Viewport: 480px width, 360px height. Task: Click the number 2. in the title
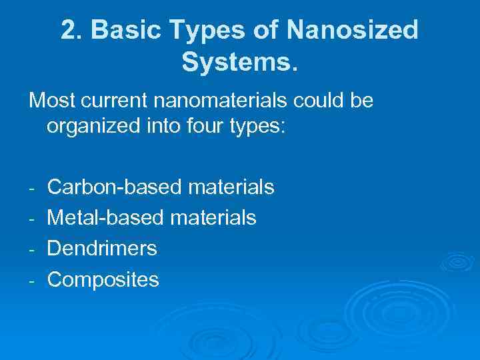(71, 31)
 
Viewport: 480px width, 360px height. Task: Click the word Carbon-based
(114, 187)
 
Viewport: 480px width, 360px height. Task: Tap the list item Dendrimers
(102, 249)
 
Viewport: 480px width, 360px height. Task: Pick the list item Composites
(103, 279)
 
